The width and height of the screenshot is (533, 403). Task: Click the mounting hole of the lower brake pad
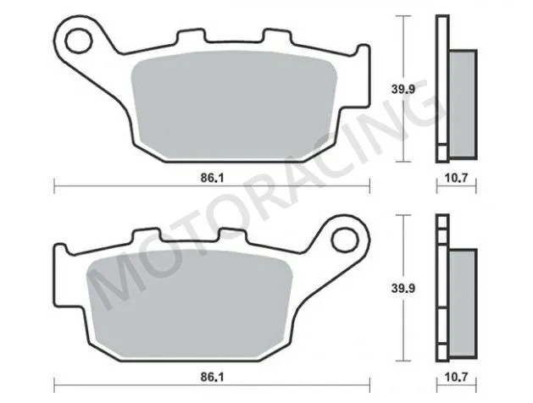[346, 240]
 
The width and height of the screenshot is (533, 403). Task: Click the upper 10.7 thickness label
[456, 178]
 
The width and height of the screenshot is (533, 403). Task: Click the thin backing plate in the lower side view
[441, 288]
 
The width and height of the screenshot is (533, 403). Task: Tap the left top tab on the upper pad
[187, 39]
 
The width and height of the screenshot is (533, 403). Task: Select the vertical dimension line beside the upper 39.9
[405, 89]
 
